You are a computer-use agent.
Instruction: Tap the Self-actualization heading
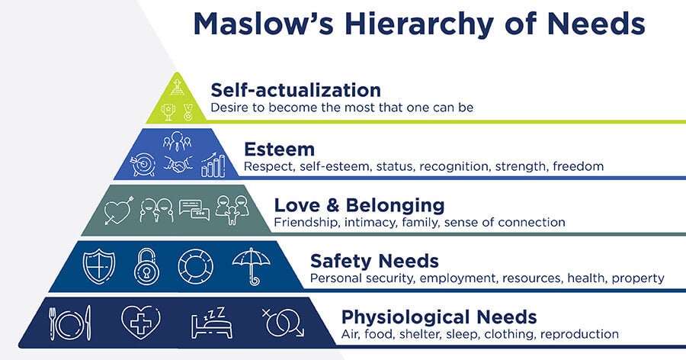(296, 90)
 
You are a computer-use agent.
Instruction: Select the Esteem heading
(279, 149)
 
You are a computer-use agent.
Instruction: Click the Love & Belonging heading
(359, 205)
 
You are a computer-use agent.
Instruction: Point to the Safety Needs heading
(374, 262)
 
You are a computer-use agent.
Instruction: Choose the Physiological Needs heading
(439, 317)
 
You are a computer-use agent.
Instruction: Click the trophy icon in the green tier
(168, 111)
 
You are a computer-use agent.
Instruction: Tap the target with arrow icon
(143, 165)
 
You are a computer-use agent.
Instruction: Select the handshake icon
(178, 164)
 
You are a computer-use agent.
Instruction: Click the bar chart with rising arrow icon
(213, 165)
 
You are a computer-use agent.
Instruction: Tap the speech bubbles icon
(194, 210)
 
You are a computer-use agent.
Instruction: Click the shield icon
(99, 266)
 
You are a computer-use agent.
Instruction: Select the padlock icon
(146, 266)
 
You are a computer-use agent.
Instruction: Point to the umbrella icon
(251, 266)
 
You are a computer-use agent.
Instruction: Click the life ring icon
(196, 266)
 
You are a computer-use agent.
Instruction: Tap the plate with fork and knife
(70, 323)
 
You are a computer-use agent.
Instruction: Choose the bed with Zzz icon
(211, 323)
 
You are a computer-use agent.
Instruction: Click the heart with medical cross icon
(140, 323)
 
